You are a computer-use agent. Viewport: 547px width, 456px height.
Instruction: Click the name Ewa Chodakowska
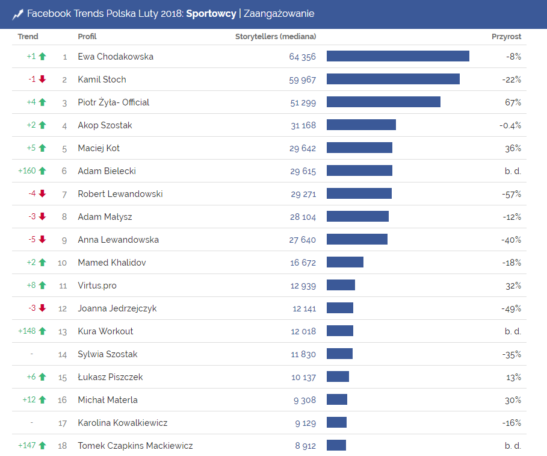116,57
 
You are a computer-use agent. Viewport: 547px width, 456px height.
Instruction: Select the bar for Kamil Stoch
393,80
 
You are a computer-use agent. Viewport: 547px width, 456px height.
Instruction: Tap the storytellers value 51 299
303,102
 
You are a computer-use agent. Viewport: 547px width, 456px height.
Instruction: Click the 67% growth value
513,102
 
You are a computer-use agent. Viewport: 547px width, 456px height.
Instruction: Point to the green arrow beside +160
42,171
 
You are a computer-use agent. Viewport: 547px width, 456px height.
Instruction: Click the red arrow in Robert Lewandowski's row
42,194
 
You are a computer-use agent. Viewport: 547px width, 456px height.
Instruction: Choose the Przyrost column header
506,37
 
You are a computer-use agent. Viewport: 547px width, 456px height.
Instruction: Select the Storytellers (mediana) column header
275,37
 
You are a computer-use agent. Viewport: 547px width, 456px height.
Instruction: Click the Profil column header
87,37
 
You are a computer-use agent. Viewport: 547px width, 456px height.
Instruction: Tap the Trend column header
28,37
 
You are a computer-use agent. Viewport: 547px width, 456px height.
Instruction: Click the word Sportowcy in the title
211,14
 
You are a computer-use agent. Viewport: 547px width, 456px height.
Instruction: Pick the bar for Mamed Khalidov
345,263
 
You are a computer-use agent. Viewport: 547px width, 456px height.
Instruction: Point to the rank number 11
63,286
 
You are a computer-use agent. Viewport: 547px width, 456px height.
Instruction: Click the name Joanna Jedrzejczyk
117,308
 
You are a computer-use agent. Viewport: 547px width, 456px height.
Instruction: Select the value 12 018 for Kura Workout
304,331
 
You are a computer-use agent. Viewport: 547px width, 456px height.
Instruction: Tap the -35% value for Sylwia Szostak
511,354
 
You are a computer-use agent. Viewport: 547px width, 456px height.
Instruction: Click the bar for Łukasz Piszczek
338,377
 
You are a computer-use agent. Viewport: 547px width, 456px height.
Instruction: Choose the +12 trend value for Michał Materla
29,400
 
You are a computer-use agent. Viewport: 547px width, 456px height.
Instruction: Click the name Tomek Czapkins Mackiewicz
135,446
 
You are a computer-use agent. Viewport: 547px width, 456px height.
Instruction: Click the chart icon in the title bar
17,14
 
